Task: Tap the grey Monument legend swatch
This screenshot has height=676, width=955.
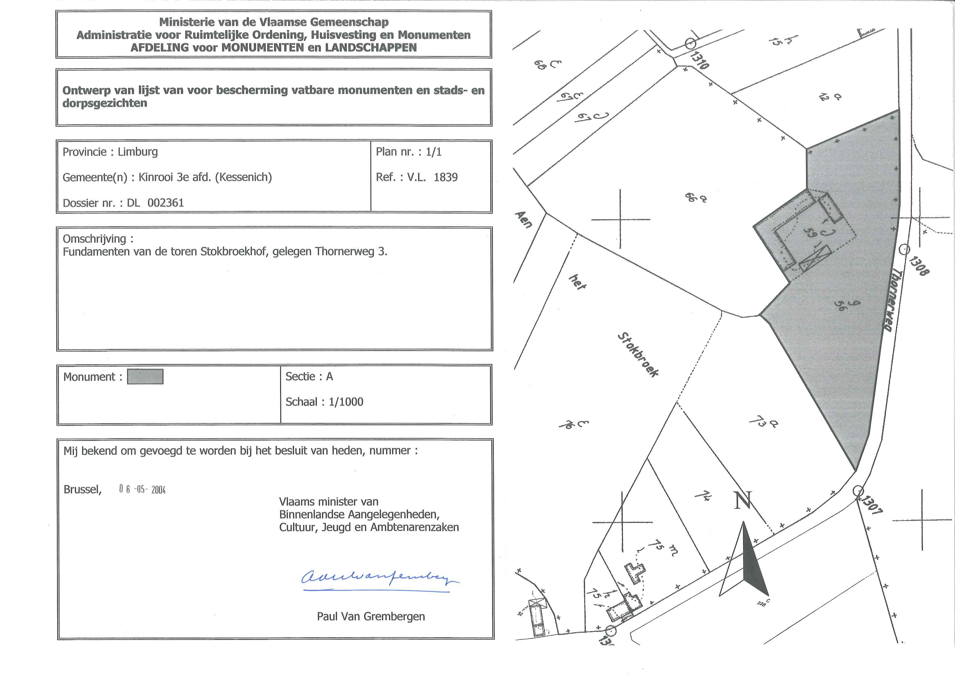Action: pos(145,377)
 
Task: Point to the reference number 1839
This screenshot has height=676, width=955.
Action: pos(445,177)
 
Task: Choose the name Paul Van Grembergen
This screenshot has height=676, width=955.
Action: pos(371,616)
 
